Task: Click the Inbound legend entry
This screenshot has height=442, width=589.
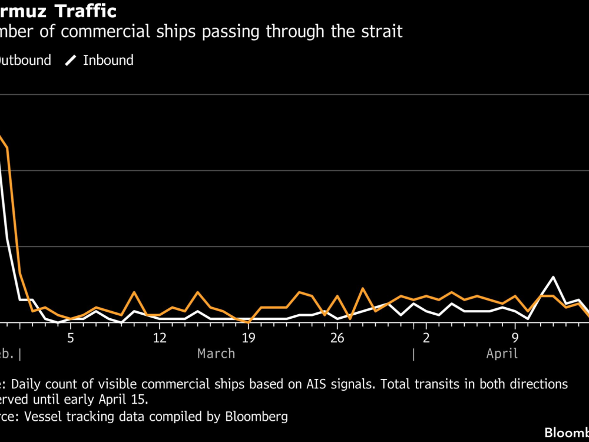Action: coord(108,60)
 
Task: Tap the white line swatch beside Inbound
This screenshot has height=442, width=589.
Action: coord(71,60)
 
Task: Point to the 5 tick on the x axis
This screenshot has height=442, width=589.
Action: coord(70,338)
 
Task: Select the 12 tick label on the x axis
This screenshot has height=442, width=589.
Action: coord(159,338)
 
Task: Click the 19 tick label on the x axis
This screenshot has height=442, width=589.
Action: coord(248,338)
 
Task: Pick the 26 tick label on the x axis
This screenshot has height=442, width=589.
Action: coord(337,338)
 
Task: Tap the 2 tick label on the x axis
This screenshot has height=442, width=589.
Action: coord(426,338)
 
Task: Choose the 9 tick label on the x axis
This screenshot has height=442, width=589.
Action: coord(515,338)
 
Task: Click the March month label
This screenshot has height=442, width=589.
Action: coord(216,354)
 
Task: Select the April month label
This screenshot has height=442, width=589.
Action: coord(502,354)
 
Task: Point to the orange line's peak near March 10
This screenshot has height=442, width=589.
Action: coord(134,292)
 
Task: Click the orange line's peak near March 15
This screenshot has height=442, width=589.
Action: coord(198,292)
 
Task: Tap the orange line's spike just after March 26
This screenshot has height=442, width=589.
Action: coord(362,289)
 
